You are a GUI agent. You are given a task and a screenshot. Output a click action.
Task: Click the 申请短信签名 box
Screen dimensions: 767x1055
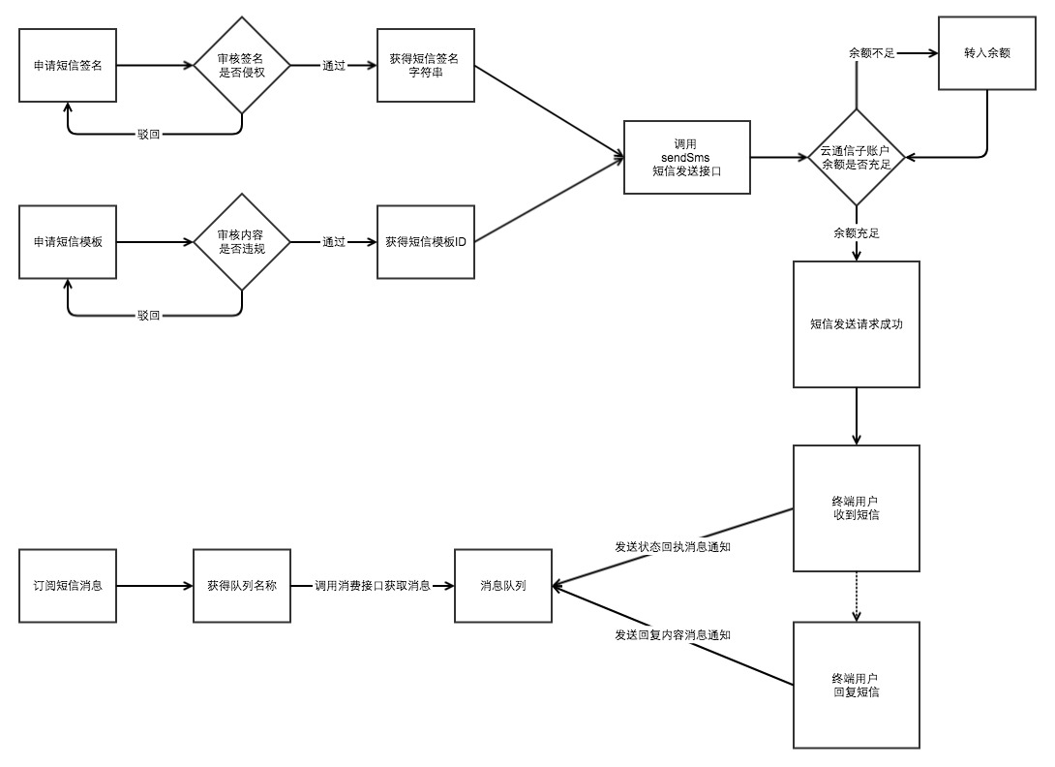click(68, 66)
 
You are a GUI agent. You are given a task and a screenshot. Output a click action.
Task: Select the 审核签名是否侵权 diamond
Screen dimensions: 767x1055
click(241, 66)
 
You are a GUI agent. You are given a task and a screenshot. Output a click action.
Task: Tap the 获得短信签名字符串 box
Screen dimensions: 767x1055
click(425, 66)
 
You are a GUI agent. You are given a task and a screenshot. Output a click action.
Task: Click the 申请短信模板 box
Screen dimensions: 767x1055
click(68, 241)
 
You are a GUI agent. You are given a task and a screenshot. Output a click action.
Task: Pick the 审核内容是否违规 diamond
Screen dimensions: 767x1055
click(241, 241)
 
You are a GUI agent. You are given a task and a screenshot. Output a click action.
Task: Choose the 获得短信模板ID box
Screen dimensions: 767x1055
click(425, 241)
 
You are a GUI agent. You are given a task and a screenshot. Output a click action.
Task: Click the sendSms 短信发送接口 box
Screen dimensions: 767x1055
click(686, 156)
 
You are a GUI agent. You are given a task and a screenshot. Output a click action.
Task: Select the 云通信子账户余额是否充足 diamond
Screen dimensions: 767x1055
click(857, 157)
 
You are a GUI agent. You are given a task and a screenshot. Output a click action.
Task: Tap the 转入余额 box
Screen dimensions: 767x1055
click(986, 54)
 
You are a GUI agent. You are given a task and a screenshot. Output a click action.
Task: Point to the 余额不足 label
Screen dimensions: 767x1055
click(870, 53)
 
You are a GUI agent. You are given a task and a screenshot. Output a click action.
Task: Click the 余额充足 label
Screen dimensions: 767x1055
click(857, 233)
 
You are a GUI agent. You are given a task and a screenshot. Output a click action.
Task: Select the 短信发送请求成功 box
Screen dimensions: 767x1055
click(856, 324)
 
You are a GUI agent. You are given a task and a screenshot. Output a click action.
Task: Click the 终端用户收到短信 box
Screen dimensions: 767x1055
click(856, 508)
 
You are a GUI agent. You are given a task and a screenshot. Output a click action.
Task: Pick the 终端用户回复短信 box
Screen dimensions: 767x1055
click(856, 685)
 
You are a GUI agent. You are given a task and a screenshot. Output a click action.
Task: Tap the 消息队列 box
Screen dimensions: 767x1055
click(503, 586)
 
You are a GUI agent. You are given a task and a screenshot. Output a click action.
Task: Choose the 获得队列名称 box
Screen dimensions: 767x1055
click(242, 586)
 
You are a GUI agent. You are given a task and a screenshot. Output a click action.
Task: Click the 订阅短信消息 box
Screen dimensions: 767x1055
click(68, 586)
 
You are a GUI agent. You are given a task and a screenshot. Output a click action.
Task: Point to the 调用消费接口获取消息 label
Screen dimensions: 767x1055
click(373, 586)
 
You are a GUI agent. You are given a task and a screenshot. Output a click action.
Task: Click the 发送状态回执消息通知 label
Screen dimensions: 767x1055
click(673, 547)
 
